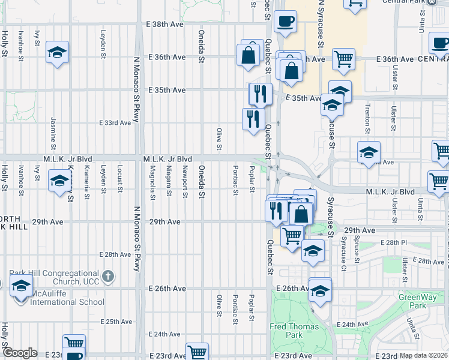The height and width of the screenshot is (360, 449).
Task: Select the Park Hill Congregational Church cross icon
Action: (x=108, y=276)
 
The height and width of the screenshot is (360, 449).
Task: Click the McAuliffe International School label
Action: (x=68, y=302)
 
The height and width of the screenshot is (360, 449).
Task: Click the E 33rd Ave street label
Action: (x=115, y=123)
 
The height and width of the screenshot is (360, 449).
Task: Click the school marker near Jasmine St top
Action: (x=57, y=53)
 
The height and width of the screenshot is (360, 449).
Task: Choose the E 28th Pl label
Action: (x=378, y=242)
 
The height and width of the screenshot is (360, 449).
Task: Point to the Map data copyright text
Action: (x=424, y=355)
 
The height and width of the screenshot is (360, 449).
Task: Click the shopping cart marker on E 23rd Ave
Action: (x=197, y=352)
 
